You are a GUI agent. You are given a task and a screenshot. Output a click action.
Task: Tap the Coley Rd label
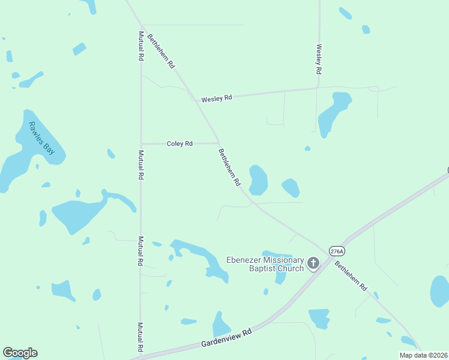179,143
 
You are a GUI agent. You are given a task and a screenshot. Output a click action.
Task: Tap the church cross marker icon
313,263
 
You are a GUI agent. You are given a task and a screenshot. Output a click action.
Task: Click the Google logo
20,353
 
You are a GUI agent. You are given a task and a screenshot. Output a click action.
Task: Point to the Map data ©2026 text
424,355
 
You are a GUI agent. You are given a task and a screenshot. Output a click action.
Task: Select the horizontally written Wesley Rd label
216,98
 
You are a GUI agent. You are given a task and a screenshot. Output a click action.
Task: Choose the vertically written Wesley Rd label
319,59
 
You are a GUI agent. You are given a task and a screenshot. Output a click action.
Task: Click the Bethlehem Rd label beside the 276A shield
351,276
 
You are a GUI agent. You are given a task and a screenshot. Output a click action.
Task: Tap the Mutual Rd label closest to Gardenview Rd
140,337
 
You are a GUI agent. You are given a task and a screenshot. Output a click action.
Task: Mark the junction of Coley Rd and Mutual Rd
140,143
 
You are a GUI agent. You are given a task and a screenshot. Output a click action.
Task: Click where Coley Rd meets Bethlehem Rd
218,143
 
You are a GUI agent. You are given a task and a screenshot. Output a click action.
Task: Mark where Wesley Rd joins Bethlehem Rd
194,100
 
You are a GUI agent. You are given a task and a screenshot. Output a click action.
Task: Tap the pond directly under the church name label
280,277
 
